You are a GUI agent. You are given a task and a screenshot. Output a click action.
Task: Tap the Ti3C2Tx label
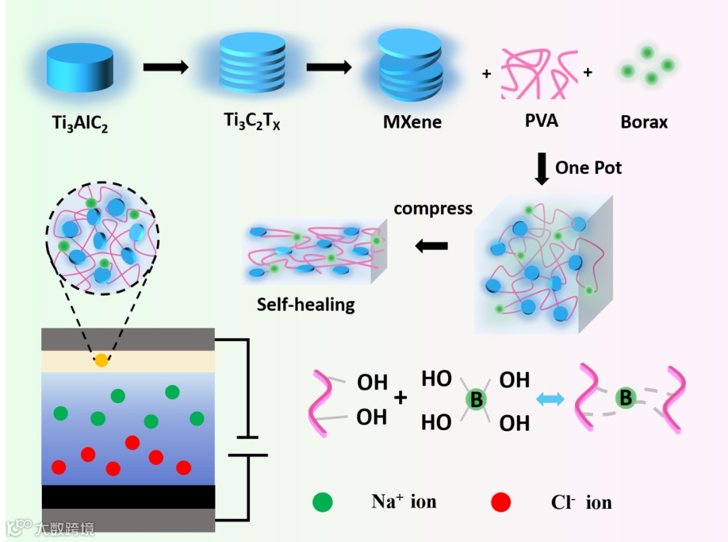(x=250, y=122)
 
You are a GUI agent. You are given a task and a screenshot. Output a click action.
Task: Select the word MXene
(x=412, y=122)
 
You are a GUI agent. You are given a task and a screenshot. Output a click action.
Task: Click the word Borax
(x=644, y=122)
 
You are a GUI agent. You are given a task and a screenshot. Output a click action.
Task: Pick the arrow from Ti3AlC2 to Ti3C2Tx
(x=166, y=67)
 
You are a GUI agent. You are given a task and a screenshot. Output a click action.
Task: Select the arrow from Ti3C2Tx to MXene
(x=329, y=67)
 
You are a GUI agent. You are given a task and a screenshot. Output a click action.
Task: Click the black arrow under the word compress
(x=431, y=246)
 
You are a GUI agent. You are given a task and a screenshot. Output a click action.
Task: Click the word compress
(x=433, y=208)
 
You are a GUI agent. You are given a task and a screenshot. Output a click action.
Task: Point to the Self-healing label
(x=305, y=304)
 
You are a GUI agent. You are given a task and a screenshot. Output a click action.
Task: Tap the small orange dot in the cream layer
(x=101, y=360)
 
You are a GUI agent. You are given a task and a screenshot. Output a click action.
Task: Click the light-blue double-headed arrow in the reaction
(x=549, y=400)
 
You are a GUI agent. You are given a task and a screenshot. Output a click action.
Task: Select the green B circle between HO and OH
(x=477, y=400)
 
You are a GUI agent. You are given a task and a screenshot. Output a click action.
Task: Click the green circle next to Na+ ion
(x=323, y=502)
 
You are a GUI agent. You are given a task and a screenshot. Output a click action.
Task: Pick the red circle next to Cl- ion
(x=501, y=502)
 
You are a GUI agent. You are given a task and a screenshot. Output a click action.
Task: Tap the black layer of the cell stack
(x=128, y=497)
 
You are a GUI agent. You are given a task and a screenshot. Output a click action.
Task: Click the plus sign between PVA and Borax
(x=587, y=73)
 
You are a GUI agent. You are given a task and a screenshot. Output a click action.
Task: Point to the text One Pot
(x=588, y=167)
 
